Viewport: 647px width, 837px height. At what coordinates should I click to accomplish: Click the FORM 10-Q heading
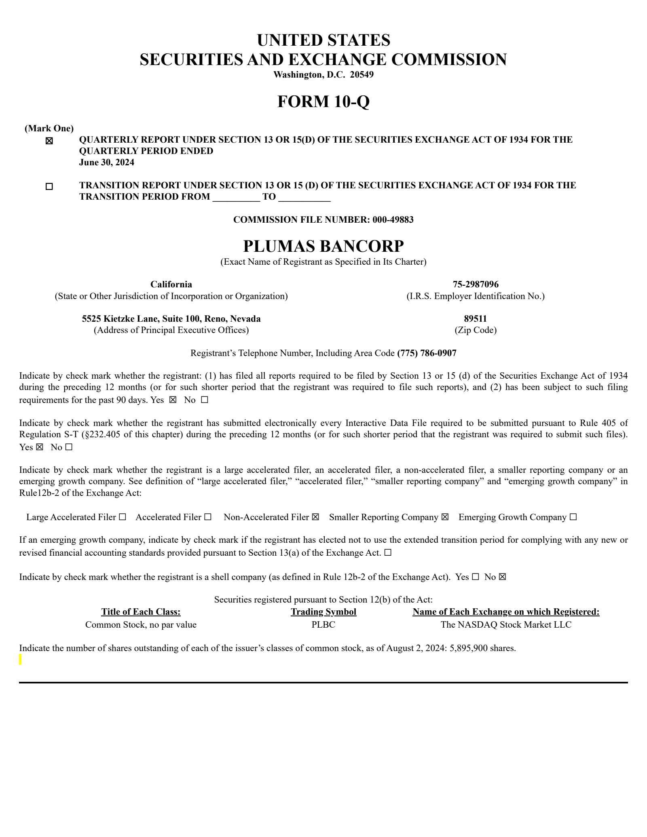[x=323, y=101]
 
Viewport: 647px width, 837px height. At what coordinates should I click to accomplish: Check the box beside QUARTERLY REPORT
[x=49, y=141]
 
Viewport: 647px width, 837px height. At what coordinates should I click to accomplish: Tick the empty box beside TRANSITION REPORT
[x=49, y=187]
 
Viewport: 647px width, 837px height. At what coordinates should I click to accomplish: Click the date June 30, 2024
[x=106, y=162]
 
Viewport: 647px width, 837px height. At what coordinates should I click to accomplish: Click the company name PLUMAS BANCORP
[x=323, y=246]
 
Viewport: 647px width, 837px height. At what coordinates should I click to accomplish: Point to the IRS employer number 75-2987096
[x=475, y=285]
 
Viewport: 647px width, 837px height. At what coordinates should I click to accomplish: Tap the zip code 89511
[x=475, y=319]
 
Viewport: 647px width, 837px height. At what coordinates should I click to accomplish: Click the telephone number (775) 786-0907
[x=427, y=353]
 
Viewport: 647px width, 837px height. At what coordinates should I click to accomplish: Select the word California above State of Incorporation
[x=171, y=285]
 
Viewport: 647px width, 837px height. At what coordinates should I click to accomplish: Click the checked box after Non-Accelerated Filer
[x=315, y=517]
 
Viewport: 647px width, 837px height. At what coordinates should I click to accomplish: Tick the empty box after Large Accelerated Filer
[x=123, y=517]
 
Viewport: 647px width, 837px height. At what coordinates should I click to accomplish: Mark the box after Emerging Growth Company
[x=573, y=517]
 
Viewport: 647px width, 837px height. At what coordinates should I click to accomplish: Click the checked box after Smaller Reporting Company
[x=445, y=517]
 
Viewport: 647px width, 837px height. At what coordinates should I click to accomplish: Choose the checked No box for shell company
[x=502, y=577]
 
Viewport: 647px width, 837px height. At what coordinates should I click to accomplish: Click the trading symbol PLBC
[x=323, y=624]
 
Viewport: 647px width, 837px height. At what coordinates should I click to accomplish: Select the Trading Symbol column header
[x=323, y=612]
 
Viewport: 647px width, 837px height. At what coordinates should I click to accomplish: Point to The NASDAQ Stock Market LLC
[x=506, y=624]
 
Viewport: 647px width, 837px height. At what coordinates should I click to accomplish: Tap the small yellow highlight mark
[x=21, y=660]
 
